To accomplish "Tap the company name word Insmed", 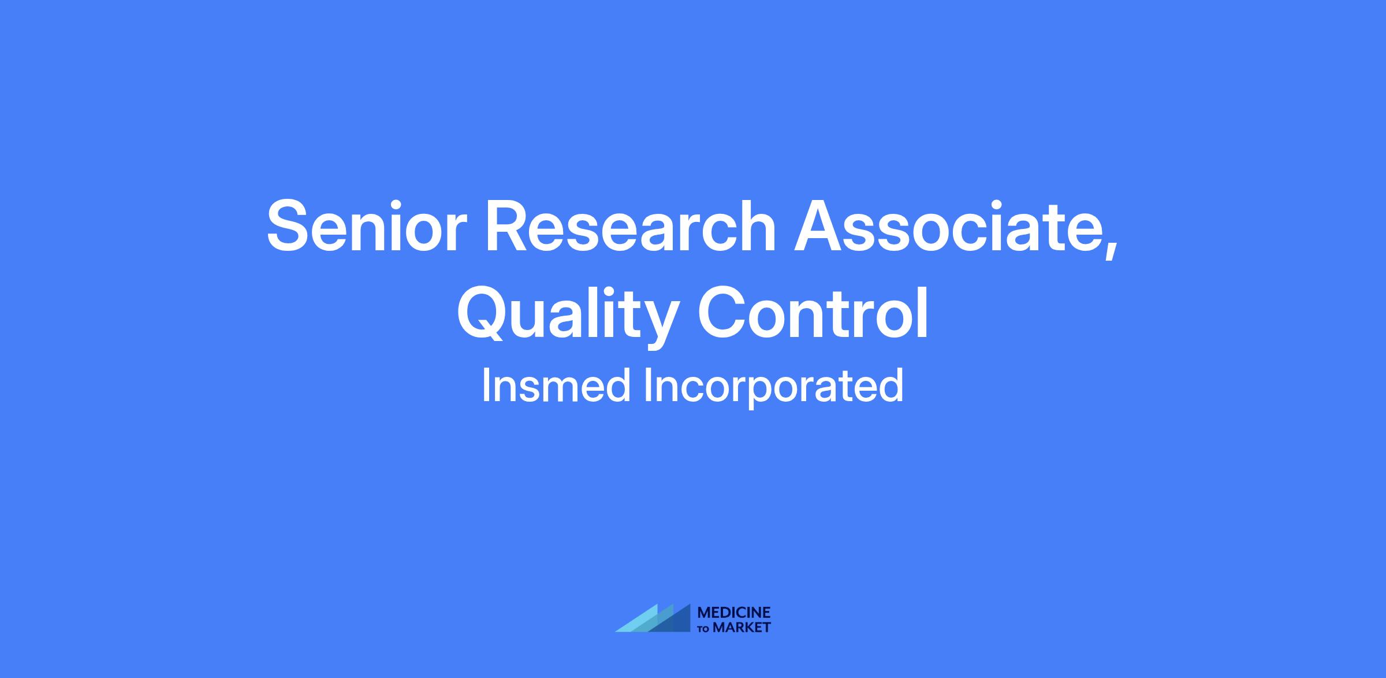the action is (556, 386).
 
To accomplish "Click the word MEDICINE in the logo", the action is (734, 613).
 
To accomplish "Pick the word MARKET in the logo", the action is (742, 628).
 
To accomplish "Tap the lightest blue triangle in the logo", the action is (641, 621).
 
